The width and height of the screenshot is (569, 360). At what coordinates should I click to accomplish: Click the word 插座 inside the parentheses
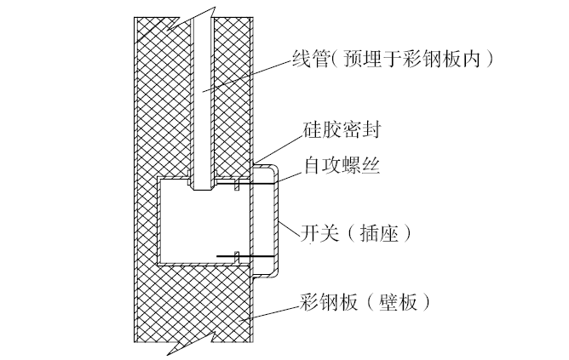pos(383,230)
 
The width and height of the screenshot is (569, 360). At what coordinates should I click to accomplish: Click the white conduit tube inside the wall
pos(201,102)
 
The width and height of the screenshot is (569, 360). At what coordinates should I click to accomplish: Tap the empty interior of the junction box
pos(204,226)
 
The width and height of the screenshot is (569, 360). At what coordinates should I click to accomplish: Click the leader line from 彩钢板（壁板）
pos(273,311)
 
